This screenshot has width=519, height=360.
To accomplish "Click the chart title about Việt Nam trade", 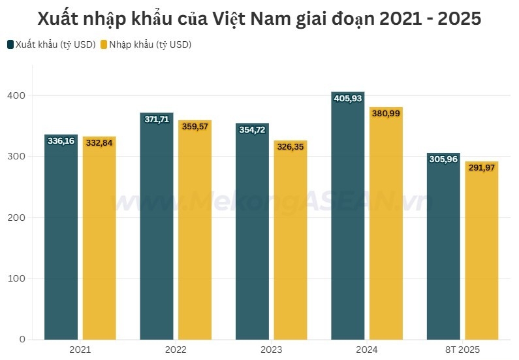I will pos(259,18).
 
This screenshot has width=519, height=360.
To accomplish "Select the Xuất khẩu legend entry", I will pos(52,44).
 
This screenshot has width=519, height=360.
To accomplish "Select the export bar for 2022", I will pos(157,229).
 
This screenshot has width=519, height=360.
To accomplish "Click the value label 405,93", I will pos(348,99).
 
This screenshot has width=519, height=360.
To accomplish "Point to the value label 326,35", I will pos(291,147).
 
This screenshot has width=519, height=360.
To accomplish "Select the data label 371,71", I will pos(157,120).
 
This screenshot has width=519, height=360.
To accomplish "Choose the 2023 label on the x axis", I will pos(271,350).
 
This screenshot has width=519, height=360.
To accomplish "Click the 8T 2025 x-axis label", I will pos(463,350).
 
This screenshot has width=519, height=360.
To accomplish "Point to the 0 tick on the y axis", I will pos(22,339).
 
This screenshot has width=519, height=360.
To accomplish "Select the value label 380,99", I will pos(386,114).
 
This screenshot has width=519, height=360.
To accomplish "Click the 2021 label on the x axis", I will pos(80,350).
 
